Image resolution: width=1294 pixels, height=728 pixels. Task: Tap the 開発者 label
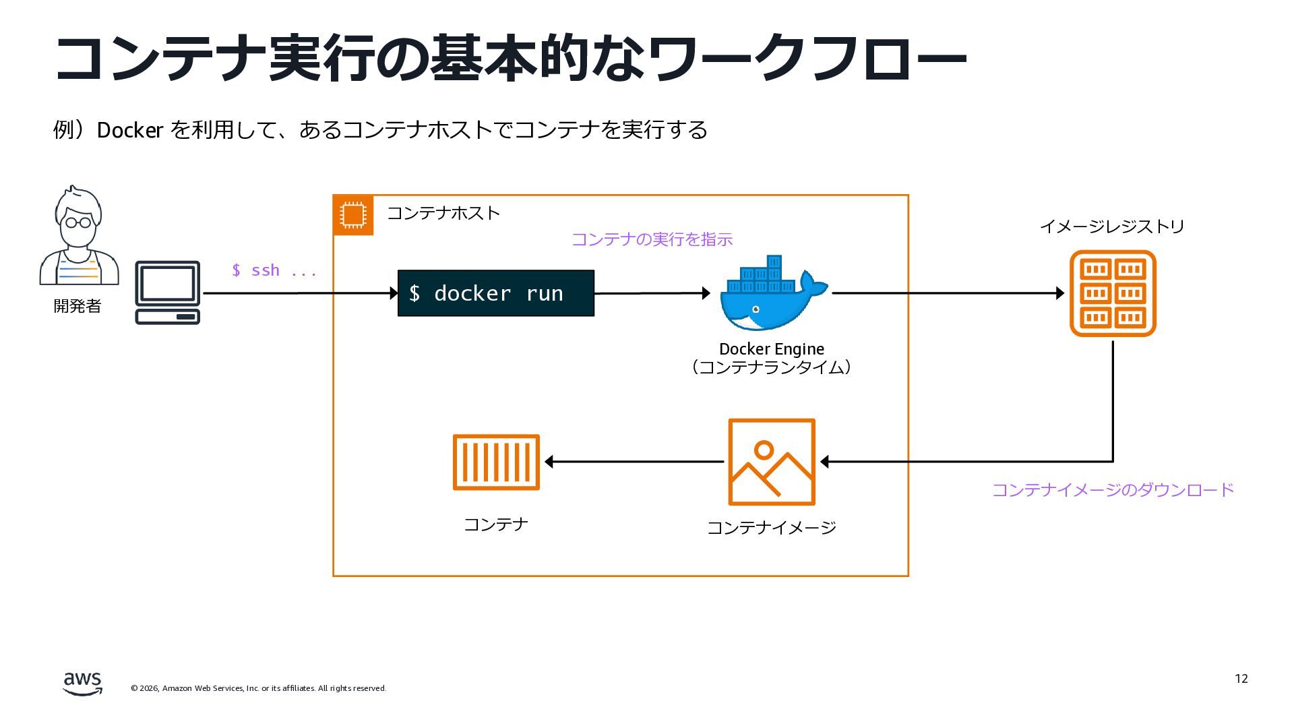(x=78, y=306)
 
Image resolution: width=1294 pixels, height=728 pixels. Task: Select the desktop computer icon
(x=168, y=293)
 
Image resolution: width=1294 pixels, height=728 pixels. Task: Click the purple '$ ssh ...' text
(x=274, y=270)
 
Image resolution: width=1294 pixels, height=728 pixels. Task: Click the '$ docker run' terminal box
(x=496, y=293)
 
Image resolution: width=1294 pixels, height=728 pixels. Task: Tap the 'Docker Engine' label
(x=772, y=349)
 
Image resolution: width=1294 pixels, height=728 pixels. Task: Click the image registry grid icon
(x=1113, y=293)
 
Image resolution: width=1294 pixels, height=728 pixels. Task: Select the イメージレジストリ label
(x=1112, y=226)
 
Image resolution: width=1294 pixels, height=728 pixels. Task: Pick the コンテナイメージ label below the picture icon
(x=772, y=527)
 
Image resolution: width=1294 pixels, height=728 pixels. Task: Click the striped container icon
(x=496, y=462)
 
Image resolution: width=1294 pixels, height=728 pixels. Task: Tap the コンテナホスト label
(x=443, y=213)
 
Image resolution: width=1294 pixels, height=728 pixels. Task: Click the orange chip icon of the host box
(x=353, y=215)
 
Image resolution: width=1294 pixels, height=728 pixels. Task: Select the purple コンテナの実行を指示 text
(x=652, y=239)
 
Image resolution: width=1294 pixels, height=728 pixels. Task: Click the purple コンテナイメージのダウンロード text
(x=1113, y=489)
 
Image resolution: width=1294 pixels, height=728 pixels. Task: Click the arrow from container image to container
(x=634, y=462)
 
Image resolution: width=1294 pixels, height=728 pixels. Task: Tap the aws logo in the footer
(x=83, y=684)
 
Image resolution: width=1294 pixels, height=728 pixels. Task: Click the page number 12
(x=1241, y=679)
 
